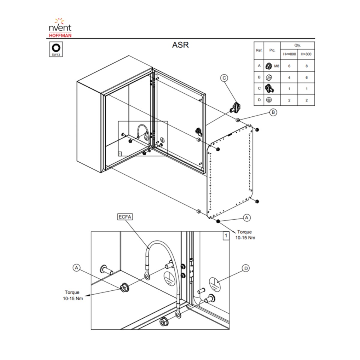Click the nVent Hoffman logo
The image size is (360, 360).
[60, 28]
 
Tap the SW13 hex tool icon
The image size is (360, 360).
[56, 49]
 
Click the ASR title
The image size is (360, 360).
[180, 45]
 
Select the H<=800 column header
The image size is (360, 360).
[289, 54]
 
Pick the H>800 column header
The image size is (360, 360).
[306, 54]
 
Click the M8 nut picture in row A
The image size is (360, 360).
[268, 66]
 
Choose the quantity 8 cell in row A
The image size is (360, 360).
[306, 66]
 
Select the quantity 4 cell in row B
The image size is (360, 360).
[289, 77]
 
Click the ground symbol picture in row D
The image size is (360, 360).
[269, 100]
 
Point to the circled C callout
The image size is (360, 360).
[224, 78]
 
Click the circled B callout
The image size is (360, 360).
[273, 112]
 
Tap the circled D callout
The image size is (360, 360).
[246, 268]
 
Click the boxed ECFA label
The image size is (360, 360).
[125, 217]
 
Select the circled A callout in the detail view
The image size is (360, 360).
[76, 268]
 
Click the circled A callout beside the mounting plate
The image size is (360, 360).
[247, 217]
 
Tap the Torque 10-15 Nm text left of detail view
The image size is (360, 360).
[73, 295]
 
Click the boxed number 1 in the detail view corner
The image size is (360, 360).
[226, 235]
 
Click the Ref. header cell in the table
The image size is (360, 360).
[259, 50]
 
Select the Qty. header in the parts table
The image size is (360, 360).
[297, 45]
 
